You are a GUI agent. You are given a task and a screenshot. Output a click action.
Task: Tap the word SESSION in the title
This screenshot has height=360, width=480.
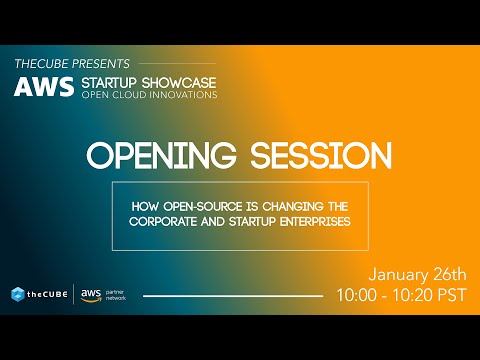[320, 157]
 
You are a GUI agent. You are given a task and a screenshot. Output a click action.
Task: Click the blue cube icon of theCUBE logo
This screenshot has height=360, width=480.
[18, 295]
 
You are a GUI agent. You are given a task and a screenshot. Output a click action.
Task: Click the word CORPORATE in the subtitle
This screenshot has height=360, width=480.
[171, 221]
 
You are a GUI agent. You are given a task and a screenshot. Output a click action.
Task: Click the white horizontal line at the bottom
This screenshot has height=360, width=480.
[233, 296]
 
